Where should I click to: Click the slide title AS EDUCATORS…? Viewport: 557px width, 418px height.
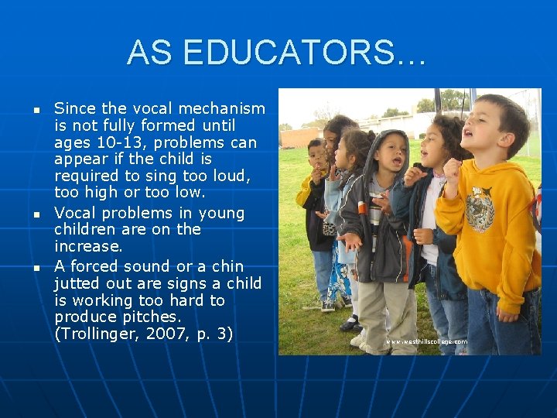point(277,53)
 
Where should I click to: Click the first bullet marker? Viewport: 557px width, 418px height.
point(36,110)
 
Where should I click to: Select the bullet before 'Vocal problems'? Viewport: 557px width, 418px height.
point(36,214)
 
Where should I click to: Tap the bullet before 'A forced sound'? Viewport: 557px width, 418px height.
point(36,267)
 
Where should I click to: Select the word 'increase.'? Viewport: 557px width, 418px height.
point(88,246)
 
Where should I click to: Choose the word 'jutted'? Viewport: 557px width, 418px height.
point(80,283)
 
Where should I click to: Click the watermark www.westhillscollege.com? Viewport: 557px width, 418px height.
point(426,341)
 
